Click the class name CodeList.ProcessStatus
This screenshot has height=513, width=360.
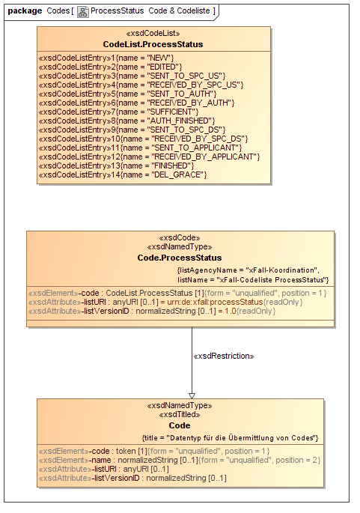(153, 44)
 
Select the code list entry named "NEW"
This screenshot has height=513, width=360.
(106, 58)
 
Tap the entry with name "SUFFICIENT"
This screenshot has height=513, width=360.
(118, 112)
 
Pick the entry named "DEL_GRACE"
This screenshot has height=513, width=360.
(123, 174)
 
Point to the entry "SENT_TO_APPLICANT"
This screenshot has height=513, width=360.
(140, 148)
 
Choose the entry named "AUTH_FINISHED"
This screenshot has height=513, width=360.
(127, 121)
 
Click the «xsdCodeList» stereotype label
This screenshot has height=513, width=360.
(153, 34)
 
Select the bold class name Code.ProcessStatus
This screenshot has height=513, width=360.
(180, 258)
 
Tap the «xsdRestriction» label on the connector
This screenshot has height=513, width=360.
(224, 356)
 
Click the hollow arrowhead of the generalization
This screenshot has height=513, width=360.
(192, 396)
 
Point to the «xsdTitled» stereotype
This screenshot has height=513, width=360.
(180, 415)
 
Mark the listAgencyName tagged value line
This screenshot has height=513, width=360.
(248, 270)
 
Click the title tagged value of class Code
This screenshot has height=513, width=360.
(231, 438)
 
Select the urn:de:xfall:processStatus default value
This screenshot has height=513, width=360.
(215, 302)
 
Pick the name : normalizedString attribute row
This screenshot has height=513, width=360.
(180, 460)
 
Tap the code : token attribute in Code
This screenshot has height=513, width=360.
(154, 451)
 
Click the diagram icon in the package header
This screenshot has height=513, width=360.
(83, 12)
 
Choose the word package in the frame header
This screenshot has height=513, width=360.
(25, 10)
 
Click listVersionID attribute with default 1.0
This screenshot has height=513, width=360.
(152, 311)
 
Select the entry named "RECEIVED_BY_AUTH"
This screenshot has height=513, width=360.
(137, 103)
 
